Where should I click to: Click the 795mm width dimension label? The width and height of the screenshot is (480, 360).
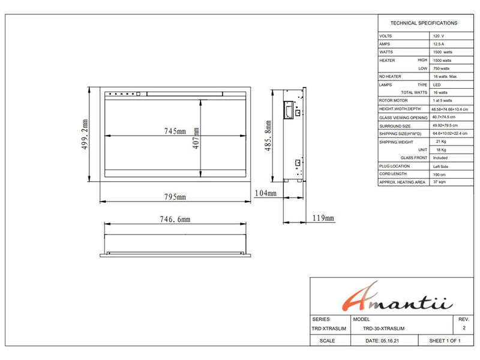(x=175, y=197)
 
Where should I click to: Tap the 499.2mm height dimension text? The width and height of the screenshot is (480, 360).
(x=85, y=134)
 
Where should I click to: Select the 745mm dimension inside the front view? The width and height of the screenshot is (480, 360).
(x=175, y=131)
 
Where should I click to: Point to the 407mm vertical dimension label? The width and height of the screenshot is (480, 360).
(x=196, y=138)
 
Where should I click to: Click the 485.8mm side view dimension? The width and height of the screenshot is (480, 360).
(x=268, y=136)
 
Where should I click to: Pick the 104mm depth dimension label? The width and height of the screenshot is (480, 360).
(x=265, y=193)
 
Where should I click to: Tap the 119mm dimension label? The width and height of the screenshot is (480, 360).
(x=323, y=218)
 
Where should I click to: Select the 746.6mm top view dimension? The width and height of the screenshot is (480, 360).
(x=175, y=219)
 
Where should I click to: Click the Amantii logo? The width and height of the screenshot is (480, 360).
(x=397, y=296)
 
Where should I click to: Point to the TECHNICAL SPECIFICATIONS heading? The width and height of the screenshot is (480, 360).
(x=424, y=23)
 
